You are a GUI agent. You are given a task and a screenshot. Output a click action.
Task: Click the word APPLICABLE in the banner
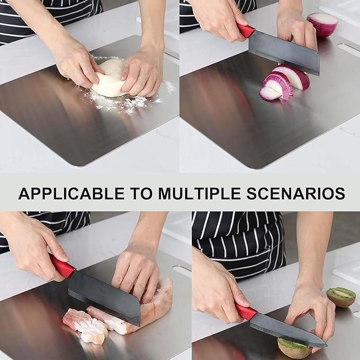click(x=72, y=194)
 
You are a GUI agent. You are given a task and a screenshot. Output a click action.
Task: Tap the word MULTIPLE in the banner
click(x=199, y=194)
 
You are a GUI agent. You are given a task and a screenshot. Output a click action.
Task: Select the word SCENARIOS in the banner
click(x=296, y=194)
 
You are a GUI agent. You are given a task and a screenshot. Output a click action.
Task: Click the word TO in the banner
click(x=142, y=194)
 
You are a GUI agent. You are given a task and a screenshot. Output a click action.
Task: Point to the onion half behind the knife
click(x=323, y=24)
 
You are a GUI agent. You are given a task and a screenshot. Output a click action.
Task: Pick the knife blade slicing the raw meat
click(x=105, y=297)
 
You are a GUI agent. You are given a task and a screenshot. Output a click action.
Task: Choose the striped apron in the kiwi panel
click(x=239, y=243)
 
